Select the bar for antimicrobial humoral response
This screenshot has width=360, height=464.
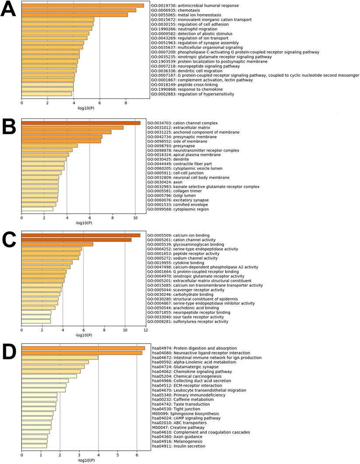(x=83, y=6)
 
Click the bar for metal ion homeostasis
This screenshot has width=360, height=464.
(x=75, y=15)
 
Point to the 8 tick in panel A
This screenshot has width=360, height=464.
(x=126, y=103)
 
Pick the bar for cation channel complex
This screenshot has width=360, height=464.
(x=81, y=123)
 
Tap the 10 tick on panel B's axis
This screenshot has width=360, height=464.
(x=135, y=217)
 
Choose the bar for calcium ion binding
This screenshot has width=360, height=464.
(x=81, y=235)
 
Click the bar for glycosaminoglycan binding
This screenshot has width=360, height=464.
(x=57, y=244)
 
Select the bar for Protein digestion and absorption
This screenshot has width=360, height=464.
(x=83, y=348)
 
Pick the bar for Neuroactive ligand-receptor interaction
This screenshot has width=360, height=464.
(x=82, y=353)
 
